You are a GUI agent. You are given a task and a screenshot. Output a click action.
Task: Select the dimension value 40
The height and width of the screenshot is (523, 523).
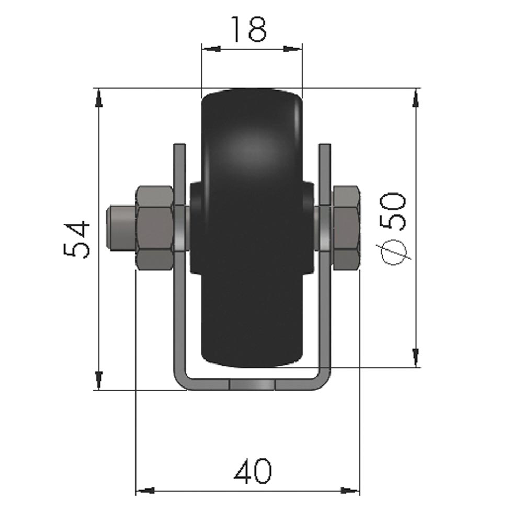point(253,471)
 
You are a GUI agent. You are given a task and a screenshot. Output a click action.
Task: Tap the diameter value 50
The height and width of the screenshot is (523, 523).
point(394,211)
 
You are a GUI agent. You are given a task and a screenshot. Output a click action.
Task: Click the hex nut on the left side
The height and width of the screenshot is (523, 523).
point(154,228)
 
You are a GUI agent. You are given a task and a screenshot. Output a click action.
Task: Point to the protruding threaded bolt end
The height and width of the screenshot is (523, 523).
point(119,228)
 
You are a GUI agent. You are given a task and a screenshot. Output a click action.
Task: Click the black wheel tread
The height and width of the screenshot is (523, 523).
point(252,157)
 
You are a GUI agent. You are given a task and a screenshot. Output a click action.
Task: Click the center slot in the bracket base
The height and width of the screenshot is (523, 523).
point(252,385)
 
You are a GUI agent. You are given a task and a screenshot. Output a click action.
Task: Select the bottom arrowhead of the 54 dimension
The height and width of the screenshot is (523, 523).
point(99,380)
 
